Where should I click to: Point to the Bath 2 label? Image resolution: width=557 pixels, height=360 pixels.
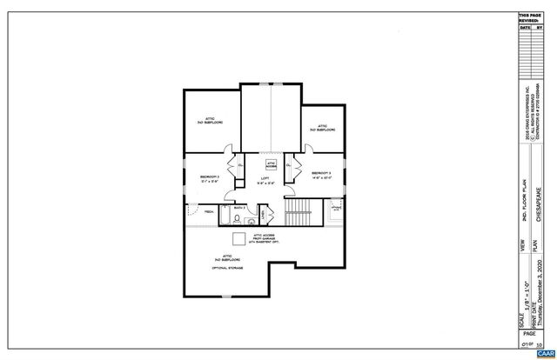tap(238, 209)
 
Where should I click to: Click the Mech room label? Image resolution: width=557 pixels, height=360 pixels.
tap(210, 211)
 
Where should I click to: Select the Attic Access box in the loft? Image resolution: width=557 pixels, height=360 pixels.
tap(271, 164)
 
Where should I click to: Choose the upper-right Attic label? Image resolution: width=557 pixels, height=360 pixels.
tap(321, 128)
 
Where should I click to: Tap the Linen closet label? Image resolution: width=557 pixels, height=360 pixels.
tap(265, 215)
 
